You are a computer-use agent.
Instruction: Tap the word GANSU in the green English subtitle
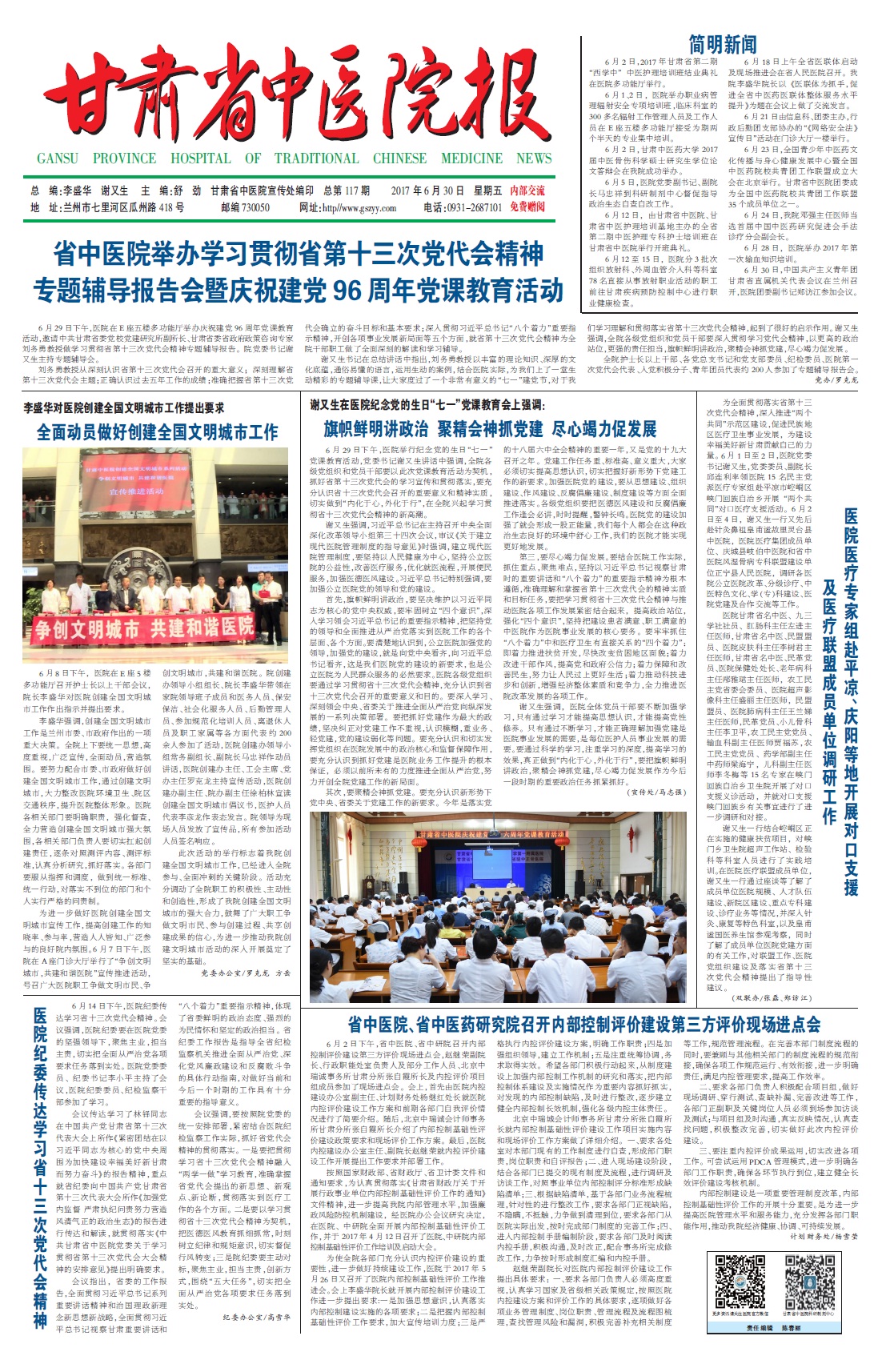pos(58,158)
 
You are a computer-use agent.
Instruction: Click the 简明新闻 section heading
pos(723,45)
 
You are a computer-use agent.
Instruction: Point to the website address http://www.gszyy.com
pos(347,207)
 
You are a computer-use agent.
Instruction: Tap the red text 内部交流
pos(527,191)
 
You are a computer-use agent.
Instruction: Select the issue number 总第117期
pos(346,191)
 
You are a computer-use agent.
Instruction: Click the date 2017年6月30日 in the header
pos(427,191)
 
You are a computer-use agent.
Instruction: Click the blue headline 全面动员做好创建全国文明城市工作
pos(158,433)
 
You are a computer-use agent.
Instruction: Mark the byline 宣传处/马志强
pos(657,792)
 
